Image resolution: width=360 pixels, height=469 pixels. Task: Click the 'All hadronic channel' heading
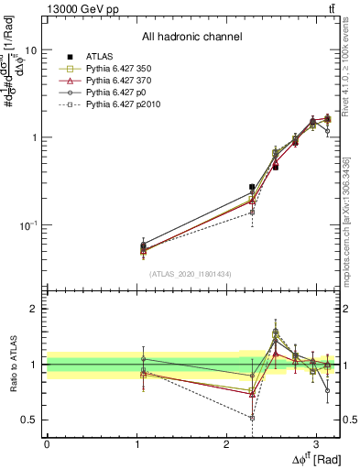pos(191,37)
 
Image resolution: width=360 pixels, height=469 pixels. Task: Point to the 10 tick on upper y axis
pos(28,50)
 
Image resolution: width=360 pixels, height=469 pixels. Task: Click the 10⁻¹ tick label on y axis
pos(27,225)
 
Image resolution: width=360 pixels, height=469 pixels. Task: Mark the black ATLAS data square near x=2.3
pos(252,187)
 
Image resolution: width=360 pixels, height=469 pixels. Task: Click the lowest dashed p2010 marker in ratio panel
pos(252,417)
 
